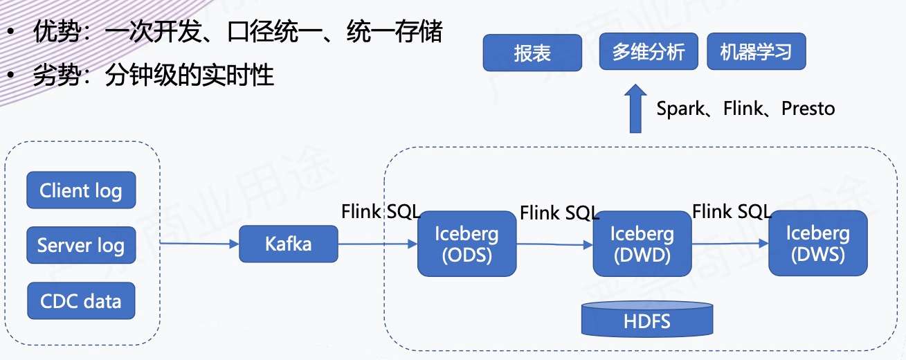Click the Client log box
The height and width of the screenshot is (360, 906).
(80, 190)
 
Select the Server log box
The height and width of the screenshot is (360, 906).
(80, 245)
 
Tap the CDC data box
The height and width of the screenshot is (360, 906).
(80, 301)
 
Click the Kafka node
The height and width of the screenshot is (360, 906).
(289, 244)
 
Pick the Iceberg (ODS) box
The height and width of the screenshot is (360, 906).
(466, 244)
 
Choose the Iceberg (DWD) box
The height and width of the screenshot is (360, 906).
(642, 244)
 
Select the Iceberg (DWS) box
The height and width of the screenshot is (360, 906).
(817, 244)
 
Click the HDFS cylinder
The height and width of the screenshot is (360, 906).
(647, 319)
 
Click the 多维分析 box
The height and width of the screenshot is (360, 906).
(648, 53)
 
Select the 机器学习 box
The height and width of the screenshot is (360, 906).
(755, 53)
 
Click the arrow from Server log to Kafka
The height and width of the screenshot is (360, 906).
(199, 244)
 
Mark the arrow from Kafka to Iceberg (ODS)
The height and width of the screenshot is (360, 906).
(378, 244)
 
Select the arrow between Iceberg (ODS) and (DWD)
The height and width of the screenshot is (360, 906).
(554, 244)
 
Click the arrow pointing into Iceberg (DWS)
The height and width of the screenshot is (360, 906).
(730, 244)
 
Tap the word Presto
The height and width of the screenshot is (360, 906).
(808, 109)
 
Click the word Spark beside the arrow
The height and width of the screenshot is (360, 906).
(680, 109)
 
